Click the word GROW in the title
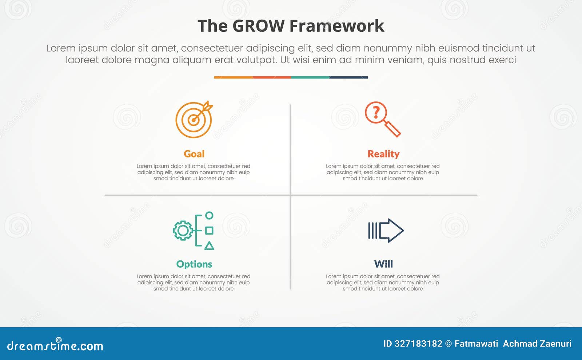tap(258, 26)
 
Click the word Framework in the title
tap(337, 26)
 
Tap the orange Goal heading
tap(194, 154)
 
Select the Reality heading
tap(383, 154)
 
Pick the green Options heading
tap(194, 264)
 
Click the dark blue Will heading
tap(383, 264)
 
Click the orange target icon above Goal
tap(194, 120)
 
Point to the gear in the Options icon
tap(183, 231)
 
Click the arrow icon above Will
tap(386, 231)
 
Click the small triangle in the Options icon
tap(209, 246)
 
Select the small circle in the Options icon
tap(209, 215)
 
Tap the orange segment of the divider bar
tap(233, 77)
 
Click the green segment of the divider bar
tap(310, 77)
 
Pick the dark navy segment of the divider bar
tap(348, 77)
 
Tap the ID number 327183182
tap(418, 344)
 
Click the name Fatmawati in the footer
tap(476, 344)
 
